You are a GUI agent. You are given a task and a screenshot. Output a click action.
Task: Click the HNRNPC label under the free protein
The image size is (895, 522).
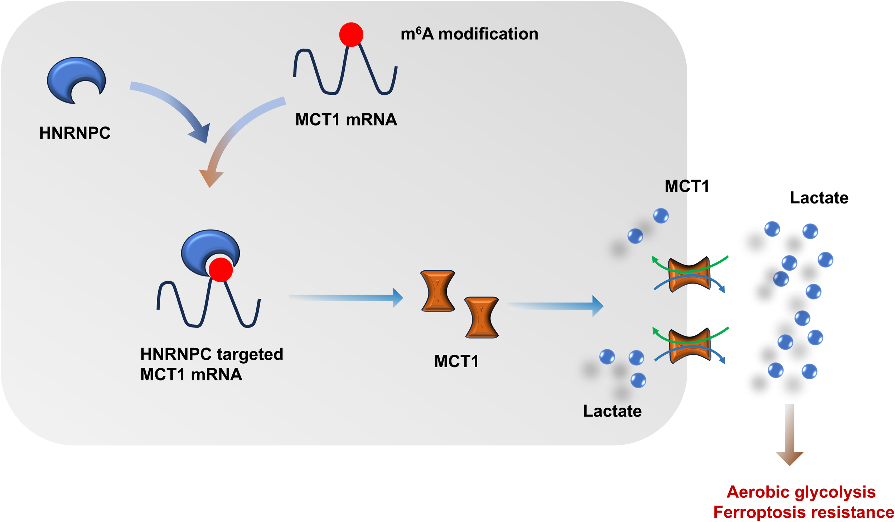(75, 133)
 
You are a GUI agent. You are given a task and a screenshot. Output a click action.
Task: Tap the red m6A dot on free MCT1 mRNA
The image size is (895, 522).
(351, 35)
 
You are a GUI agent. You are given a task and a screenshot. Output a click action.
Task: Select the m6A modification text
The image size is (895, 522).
(469, 34)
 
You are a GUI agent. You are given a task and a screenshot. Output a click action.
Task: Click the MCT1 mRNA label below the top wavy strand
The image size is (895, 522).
(346, 119)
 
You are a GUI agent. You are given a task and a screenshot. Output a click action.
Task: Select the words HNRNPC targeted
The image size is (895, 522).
(212, 354)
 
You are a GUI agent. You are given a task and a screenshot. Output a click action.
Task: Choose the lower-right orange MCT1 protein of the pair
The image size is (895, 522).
(482, 317)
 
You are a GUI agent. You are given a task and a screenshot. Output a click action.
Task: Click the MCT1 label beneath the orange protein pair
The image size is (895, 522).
(456, 361)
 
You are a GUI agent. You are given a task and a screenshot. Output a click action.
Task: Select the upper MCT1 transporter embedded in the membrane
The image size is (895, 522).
(689, 275)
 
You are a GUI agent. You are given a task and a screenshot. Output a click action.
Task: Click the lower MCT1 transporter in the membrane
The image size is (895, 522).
(689, 345)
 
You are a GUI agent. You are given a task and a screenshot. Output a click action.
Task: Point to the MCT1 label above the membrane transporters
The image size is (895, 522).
(687, 186)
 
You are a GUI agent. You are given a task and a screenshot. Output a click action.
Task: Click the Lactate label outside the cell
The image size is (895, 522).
(819, 198)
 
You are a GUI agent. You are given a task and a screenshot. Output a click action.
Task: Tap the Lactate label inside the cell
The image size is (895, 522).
(612, 411)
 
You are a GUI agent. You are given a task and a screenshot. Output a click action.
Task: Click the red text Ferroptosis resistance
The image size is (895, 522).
(803, 512)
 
